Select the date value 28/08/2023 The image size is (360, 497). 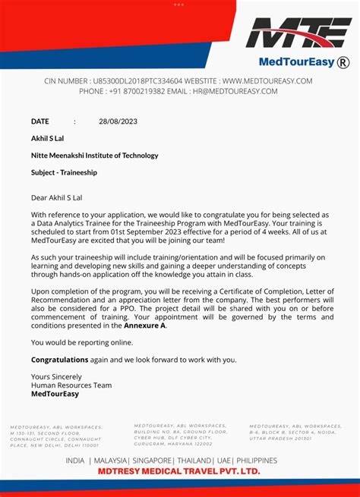click(x=118, y=121)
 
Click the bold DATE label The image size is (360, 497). click(x=39, y=121)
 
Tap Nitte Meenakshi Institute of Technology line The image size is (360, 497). click(x=94, y=156)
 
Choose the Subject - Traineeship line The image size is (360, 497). click(x=64, y=172)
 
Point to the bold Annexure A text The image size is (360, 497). click(x=144, y=326)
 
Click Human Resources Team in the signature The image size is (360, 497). click(x=71, y=385)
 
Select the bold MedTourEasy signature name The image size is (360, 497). click(x=56, y=395)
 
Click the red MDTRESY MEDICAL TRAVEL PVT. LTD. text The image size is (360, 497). click(x=178, y=471)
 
